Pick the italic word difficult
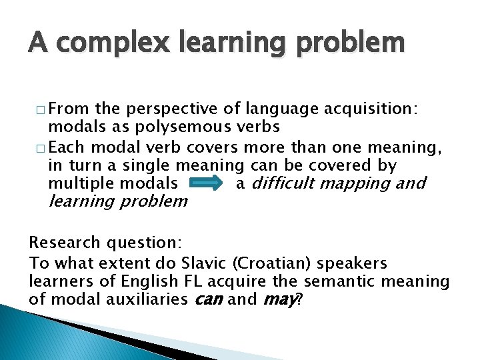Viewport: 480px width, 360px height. (292, 183)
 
